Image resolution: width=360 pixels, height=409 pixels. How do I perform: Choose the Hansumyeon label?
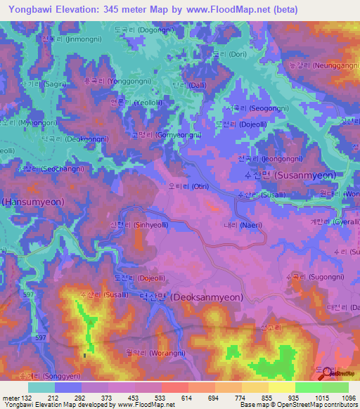[x=33, y=202]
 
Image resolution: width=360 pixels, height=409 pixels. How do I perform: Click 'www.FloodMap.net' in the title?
[x=233, y=10]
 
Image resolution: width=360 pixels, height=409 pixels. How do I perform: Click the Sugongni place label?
[x=310, y=278]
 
